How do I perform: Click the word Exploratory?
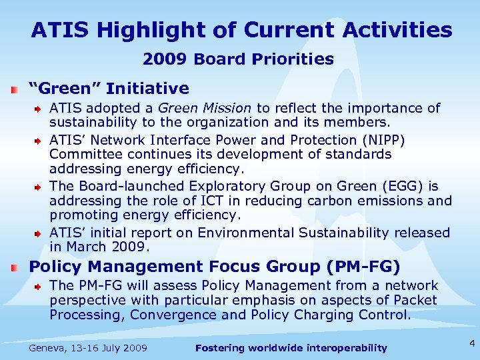click(x=221, y=187)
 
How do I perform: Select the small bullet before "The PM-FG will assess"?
click(x=39, y=287)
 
